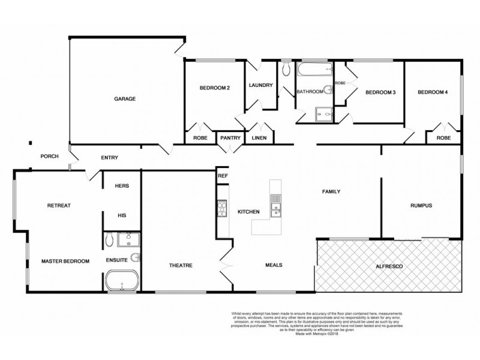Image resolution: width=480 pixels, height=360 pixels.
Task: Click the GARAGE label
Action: point(125,98)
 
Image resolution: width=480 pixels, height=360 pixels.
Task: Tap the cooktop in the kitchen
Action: point(220,209)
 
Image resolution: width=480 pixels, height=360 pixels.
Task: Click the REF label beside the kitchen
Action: point(223,176)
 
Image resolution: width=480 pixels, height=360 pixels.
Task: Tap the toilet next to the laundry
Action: point(284,71)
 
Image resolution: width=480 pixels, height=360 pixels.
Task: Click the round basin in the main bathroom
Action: point(328,91)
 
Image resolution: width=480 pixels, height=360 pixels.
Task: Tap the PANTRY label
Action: point(230,138)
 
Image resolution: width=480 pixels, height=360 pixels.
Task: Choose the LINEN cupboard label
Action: point(259,138)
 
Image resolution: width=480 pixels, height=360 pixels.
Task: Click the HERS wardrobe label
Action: point(122,186)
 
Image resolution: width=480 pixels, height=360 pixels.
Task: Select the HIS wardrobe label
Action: point(122,214)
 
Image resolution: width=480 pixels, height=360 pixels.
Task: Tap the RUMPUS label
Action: point(421,206)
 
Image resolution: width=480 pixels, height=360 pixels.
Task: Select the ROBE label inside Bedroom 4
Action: point(443,137)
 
